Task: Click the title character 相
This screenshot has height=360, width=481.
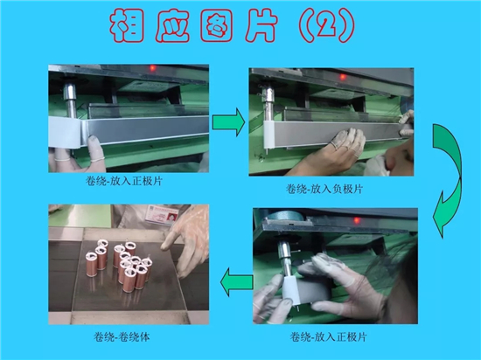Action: click(x=128, y=25)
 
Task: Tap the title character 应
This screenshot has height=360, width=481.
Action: click(x=172, y=25)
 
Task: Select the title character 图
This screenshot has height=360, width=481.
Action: click(x=217, y=25)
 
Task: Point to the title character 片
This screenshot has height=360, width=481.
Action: click(x=261, y=25)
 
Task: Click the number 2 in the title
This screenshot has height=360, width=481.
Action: click(x=327, y=26)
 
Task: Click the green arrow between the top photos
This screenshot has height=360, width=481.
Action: click(x=228, y=122)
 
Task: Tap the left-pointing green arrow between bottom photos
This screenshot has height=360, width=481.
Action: click(x=236, y=282)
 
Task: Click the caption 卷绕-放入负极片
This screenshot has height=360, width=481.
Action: click(x=324, y=189)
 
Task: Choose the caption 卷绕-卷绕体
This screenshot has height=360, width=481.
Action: click(x=122, y=337)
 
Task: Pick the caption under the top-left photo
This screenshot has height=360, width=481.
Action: click(x=123, y=181)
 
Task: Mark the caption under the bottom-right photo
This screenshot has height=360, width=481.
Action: click(x=328, y=337)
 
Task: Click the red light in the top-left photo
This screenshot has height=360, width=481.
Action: click(x=152, y=68)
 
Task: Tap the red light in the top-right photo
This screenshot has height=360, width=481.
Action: click(x=343, y=77)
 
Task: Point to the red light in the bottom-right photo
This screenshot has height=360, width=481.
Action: click(x=357, y=220)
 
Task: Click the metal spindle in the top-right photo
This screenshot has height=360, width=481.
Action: click(x=268, y=101)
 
